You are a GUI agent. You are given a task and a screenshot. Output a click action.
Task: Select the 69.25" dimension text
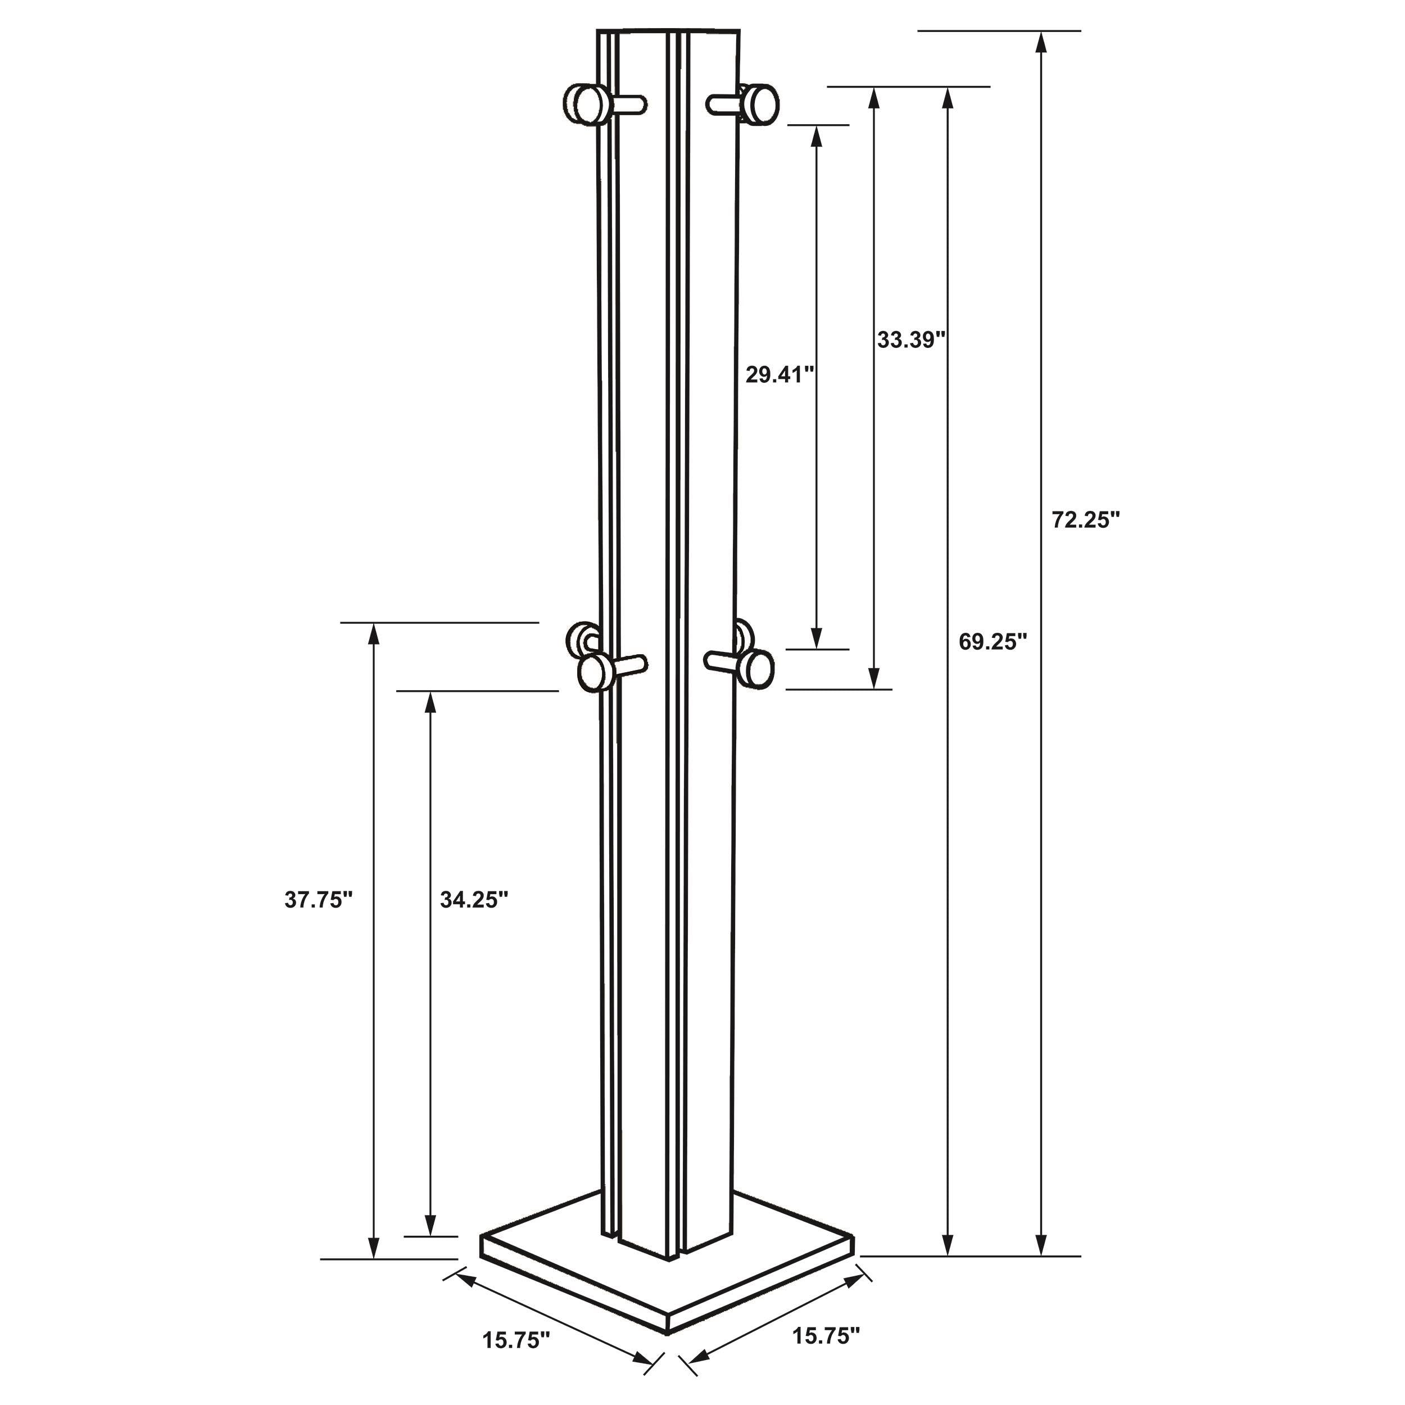[x=992, y=641]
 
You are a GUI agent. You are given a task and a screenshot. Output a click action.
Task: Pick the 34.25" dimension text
[x=473, y=900]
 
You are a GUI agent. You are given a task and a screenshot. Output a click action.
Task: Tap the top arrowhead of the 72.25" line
[x=1041, y=40]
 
